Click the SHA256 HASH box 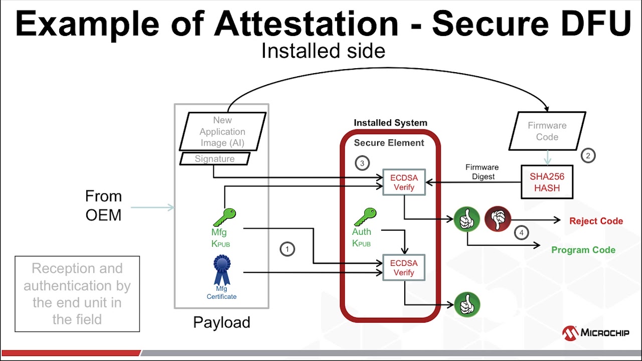[x=547, y=182]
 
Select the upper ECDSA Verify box [x=404, y=182]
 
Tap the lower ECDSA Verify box [x=404, y=268]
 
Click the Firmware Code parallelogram [x=547, y=131]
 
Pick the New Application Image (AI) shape [x=223, y=131]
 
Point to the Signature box [x=215, y=159]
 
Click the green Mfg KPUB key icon [x=225, y=217]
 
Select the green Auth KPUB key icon [x=366, y=217]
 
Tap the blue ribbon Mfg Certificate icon [x=222, y=270]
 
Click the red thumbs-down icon [x=498, y=219]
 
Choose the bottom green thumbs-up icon [x=467, y=304]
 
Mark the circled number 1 [x=287, y=249]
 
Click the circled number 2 [x=588, y=155]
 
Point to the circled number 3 [x=362, y=163]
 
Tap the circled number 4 [x=522, y=233]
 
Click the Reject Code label [x=596, y=221]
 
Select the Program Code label [x=583, y=250]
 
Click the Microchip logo [x=595, y=333]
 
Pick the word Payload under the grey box [x=222, y=322]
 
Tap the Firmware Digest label [x=483, y=172]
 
